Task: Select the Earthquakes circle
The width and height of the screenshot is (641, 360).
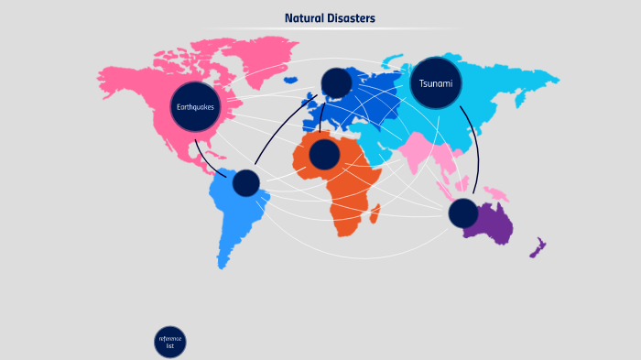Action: (196, 107)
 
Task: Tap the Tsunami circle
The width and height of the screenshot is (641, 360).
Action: (436, 83)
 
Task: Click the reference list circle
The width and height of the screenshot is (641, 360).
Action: (170, 342)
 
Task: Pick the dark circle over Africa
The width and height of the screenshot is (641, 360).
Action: (324, 154)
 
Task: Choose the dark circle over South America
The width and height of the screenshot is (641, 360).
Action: (245, 183)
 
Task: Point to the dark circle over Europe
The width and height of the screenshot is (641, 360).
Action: (336, 82)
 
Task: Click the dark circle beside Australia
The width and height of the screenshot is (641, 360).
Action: (463, 213)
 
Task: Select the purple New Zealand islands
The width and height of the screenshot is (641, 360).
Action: (539, 246)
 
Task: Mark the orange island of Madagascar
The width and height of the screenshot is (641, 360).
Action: (375, 213)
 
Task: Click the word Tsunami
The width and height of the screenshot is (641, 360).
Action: (436, 83)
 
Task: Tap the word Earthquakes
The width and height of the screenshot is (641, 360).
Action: (196, 107)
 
